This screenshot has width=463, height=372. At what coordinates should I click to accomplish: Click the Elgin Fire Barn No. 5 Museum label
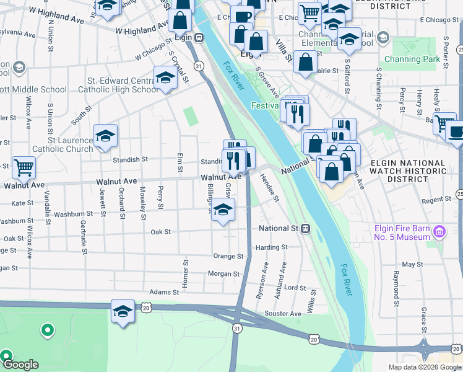click(402, 232)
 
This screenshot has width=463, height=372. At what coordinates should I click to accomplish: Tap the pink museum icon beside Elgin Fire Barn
click(440, 232)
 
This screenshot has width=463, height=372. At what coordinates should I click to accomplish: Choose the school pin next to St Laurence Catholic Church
click(105, 136)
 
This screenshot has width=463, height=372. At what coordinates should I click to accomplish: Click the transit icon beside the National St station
click(306, 229)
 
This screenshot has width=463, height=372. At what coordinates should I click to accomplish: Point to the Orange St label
click(228, 256)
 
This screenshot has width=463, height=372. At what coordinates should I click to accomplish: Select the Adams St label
click(164, 291)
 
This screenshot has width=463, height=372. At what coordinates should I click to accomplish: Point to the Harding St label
click(272, 247)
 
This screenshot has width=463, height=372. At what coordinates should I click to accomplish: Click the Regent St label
click(436, 200)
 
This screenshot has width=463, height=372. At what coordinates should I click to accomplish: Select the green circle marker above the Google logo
click(46, 330)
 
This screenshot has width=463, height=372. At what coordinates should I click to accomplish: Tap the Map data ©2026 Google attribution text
click(424, 367)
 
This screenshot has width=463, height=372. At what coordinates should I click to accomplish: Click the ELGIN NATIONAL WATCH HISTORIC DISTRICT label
click(408, 170)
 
